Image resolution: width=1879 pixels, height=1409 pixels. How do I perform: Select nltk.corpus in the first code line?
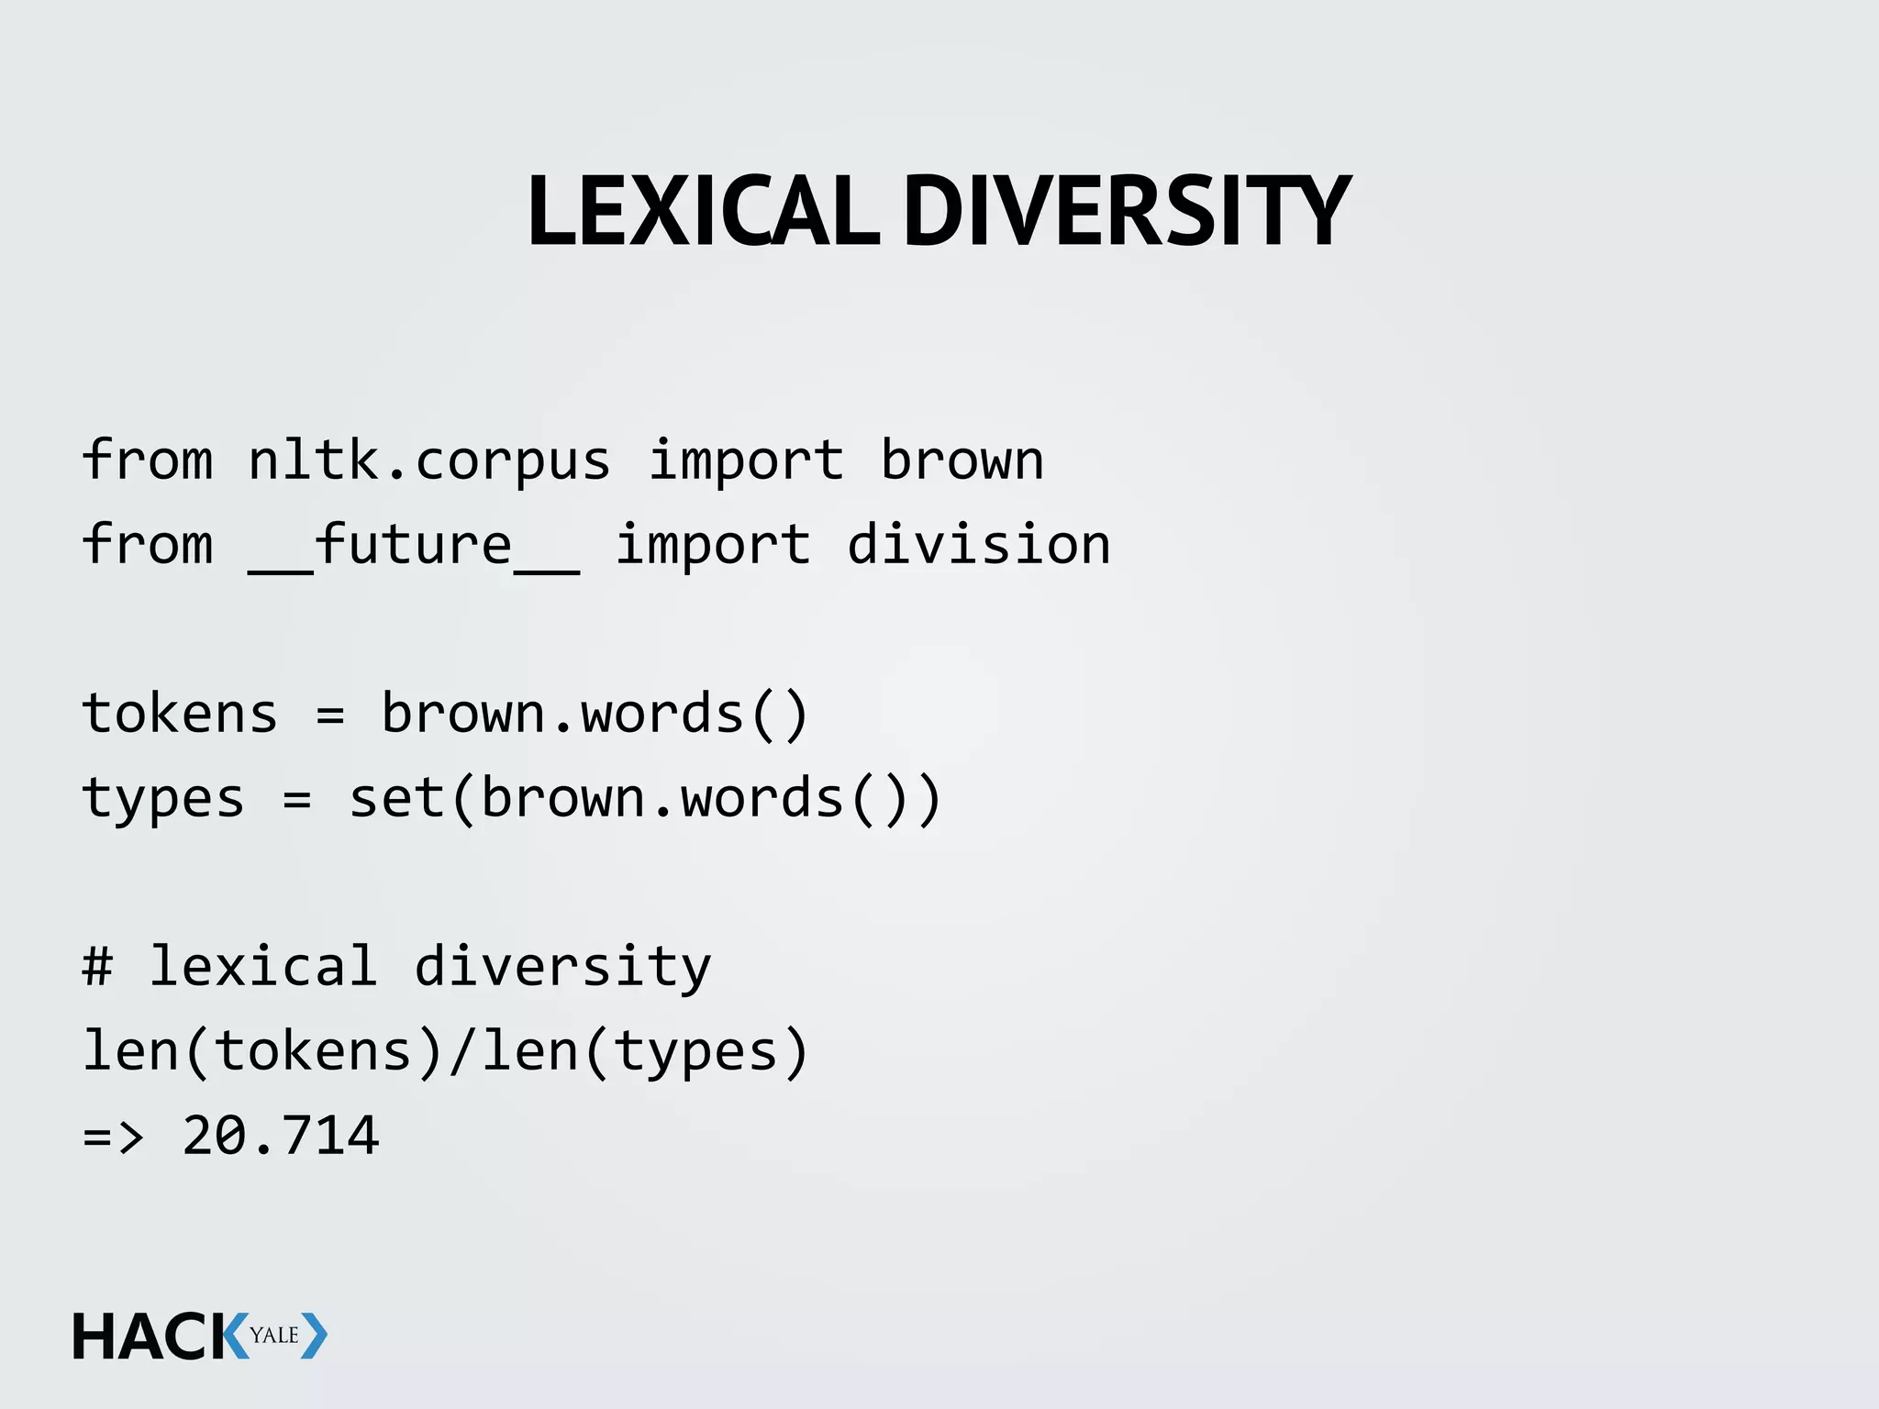pyautogui.click(x=428, y=460)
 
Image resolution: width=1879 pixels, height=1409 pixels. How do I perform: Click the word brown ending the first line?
pyautogui.click(x=962, y=460)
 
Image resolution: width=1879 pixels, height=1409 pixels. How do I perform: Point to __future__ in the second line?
pyautogui.click(x=413, y=547)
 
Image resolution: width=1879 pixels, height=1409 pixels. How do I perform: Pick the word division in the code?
pyautogui.click(x=978, y=545)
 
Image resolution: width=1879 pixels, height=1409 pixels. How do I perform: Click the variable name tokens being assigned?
pyautogui.click(x=180, y=714)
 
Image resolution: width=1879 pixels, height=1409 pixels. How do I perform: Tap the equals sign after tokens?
pyautogui.click(x=329, y=715)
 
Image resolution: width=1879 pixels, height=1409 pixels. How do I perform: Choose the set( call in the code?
pyautogui.click(x=413, y=798)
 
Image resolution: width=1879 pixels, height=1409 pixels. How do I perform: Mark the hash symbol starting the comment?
pyautogui.click(x=97, y=967)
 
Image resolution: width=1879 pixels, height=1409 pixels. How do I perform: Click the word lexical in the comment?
pyautogui.click(x=263, y=967)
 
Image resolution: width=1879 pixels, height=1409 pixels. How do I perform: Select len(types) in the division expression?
pyautogui.click(x=645, y=1051)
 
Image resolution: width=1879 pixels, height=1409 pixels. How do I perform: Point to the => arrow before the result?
pyautogui.click(x=114, y=1137)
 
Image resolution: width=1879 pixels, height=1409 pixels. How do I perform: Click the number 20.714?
pyautogui.click(x=280, y=1136)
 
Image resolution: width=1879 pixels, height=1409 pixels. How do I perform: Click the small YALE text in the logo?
pyautogui.click(x=274, y=1336)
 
